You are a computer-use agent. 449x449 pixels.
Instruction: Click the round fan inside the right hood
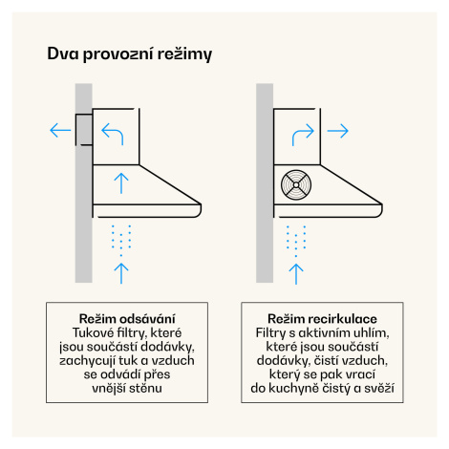(x=296, y=185)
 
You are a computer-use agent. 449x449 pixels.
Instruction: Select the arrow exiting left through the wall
(x=60, y=131)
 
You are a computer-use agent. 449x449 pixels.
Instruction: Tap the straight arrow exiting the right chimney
(x=338, y=131)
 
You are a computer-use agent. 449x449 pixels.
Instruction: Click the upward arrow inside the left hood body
(x=121, y=183)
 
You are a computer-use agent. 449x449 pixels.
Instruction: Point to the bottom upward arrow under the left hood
(x=121, y=273)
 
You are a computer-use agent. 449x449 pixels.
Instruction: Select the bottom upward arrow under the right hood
(x=296, y=274)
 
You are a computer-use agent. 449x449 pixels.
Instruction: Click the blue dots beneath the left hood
(x=121, y=241)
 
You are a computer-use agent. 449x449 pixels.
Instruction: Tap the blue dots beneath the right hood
(x=296, y=241)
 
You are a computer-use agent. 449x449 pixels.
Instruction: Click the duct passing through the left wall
(x=84, y=130)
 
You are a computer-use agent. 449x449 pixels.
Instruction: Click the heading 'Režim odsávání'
(x=127, y=319)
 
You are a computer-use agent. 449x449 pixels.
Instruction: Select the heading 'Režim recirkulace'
(x=322, y=319)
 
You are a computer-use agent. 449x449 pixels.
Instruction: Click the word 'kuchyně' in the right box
(x=293, y=388)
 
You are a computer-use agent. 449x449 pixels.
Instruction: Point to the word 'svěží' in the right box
(x=379, y=388)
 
